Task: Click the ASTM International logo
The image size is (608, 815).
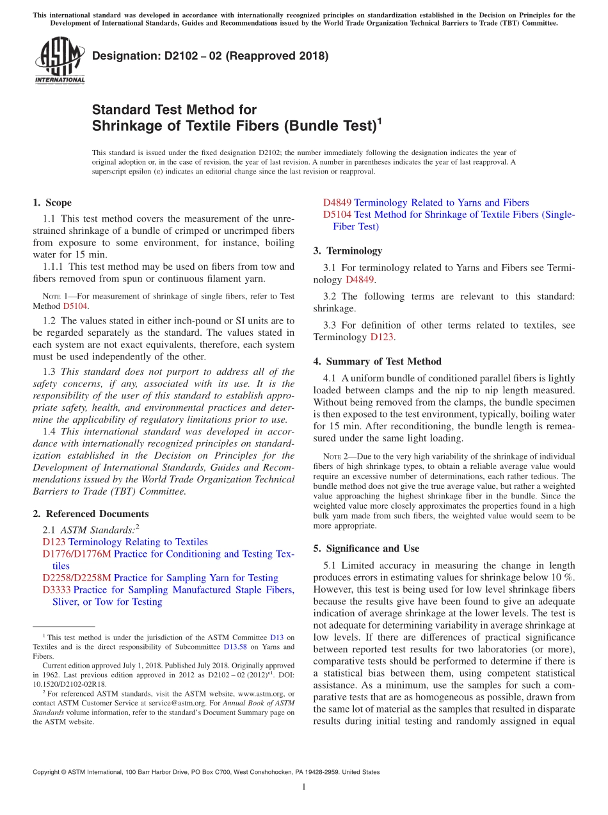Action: pyautogui.click(x=60, y=60)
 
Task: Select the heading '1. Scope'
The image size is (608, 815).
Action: pyautogui.click(x=52, y=202)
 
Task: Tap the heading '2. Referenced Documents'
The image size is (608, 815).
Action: pyautogui.click(x=90, y=514)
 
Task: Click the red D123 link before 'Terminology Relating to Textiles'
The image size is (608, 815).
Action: pyautogui.click(x=54, y=542)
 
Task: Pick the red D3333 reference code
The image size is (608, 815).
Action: pyautogui.click(x=56, y=589)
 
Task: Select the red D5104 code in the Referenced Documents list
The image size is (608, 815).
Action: pyautogui.click(x=337, y=215)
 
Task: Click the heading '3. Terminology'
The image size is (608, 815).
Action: pyautogui.click(x=348, y=251)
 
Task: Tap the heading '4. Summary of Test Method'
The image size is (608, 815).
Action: pyautogui.click(x=377, y=361)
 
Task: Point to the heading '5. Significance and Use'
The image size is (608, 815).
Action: pyautogui.click(x=366, y=548)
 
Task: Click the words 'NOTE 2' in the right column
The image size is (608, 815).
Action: pyautogui.click(x=336, y=456)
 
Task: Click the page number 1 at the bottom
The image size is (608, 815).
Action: pyautogui.click(x=304, y=787)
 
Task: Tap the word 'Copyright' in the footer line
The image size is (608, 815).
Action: pyautogui.click(x=48, y=773)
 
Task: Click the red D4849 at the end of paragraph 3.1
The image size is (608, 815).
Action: pyautogui.click(x=359, y=279)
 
